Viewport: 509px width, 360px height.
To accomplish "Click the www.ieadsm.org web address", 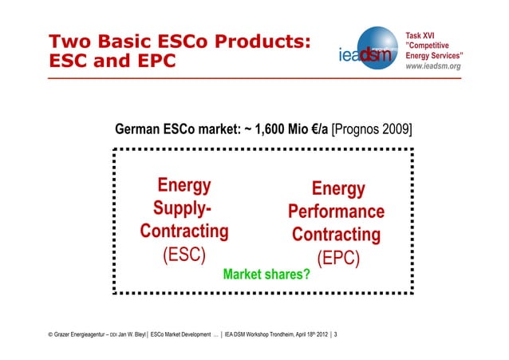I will tap(432, 66).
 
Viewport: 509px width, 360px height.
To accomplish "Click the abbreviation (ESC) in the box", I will tap(183, 255).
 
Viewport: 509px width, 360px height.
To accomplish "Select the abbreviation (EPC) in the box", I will tap(339, 259).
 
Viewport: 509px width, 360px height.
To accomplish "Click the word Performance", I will tap(336, 212).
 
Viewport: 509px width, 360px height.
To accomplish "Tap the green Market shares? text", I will tap(266, 275).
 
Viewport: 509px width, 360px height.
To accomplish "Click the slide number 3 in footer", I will tap(334, 334).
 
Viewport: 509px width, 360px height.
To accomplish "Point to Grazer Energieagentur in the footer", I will tap(73, 334).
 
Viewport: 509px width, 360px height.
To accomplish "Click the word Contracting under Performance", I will tap(336, 235).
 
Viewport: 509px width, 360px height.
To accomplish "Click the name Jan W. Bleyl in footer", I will tap(131, 334).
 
